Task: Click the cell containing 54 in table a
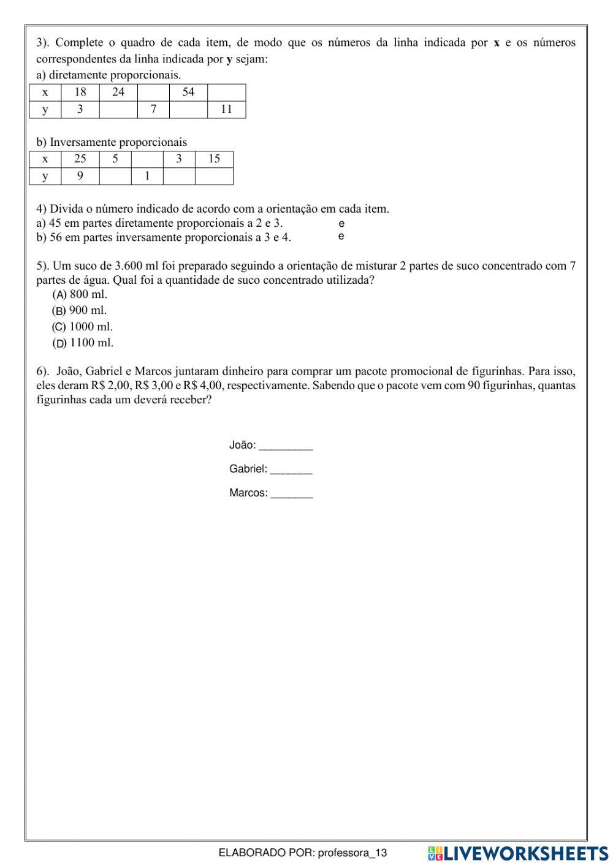pos(188,92)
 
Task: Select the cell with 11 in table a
pos(226,109)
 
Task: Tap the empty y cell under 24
pos(118,109)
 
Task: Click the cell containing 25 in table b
pos(80,159)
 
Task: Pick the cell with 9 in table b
pos(80,176)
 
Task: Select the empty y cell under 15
pos(214,176)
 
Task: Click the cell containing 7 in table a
pos(153,109)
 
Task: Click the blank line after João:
pos(286,446)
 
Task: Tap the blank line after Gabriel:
pos(291,470)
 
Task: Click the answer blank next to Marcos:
pos(292,494)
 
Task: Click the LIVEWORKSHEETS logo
pos(517,853)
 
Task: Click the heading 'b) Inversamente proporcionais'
pos(112,142)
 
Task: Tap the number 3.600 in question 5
pos(129,266)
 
